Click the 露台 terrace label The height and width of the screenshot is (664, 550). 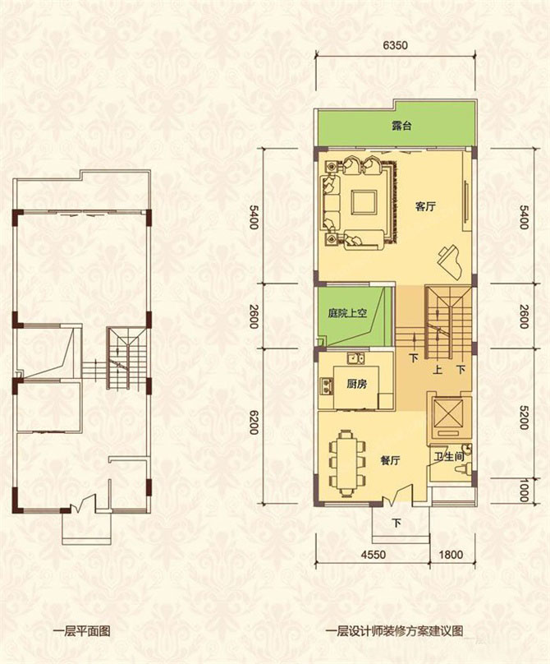point(401,126)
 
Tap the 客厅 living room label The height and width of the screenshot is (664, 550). point(425,207)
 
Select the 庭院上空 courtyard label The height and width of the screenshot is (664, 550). point(347,314)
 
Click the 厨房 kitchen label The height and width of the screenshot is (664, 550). point(356,384)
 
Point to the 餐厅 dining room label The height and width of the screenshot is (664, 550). point(390,460)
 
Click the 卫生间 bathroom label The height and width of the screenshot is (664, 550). point(449,457)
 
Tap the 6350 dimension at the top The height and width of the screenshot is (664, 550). point(395,45)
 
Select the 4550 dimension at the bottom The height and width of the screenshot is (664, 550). point(374,555)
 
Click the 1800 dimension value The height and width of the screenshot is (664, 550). point(450,555)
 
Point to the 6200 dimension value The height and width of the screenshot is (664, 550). point(254,422)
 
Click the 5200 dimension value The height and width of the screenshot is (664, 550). point(524,417)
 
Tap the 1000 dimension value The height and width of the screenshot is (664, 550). point(524,491)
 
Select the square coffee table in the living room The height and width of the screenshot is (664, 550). point(364,203)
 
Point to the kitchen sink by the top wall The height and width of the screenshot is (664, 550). point(356,358)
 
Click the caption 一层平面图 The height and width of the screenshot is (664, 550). point(82,631)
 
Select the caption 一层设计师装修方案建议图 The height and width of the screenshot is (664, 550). point(394,631)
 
